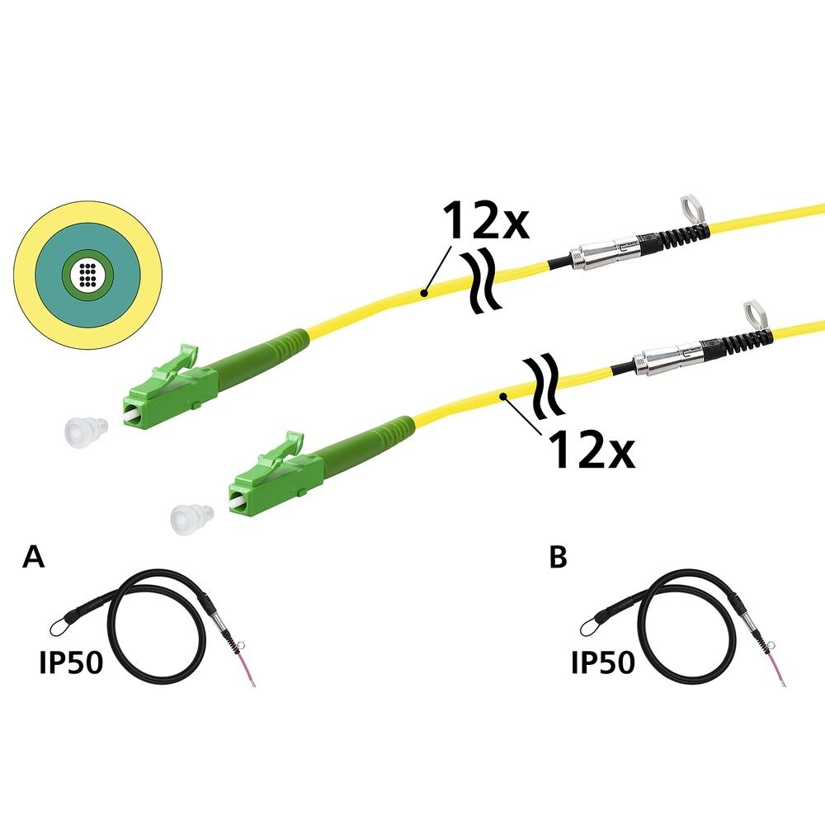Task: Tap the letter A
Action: [33, 557]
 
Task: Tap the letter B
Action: [558, 558]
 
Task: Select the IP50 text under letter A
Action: [71, 662]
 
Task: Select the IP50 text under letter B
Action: [602, 662]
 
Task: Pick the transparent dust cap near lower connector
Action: [191, 518]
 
